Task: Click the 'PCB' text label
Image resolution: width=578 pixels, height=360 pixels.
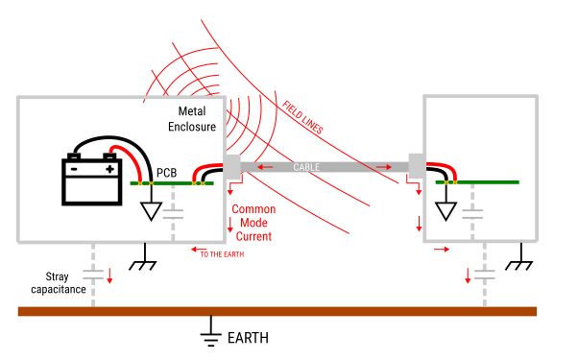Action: [x=167, y=173]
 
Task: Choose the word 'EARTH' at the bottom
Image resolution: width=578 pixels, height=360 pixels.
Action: [x=247, y=338]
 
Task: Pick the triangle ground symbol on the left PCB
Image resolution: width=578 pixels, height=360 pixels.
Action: [x=150, y=210]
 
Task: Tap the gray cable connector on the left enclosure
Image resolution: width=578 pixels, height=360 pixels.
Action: [x=233, y=167]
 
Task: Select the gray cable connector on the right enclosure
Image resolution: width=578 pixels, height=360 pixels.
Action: [x=417, y=166]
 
